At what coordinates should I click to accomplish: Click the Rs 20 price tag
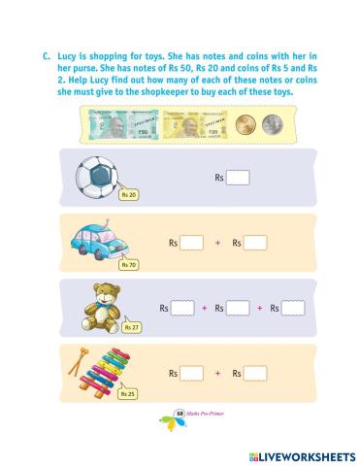pyautogui.click(x=127, y=195)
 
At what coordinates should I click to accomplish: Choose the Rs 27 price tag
pyautogui.click(x=132, y=328)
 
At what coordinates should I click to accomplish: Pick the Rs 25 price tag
pyautogui.click(x=127, y=393)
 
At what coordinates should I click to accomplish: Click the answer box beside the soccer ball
pyautogui.click(x=238, y=178)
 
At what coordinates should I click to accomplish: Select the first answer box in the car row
pyautogui.click(x=192, y=243)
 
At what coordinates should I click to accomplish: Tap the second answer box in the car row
pyautogui.click(x=255, y=243)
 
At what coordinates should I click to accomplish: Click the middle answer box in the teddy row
pyautogui.click(x=237, y=308)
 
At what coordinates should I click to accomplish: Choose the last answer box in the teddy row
pyautogui.click(x=293, y=308)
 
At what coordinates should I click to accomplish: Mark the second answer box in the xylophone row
pyautogui.click(x=255, y=372)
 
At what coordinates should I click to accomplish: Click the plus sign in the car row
pyautogui.click(x=217, y=243)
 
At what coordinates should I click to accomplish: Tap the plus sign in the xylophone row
pyautogui.click(x=217, y=372)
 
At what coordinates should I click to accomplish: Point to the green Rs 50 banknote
pyautogui.click(x=117, y=124)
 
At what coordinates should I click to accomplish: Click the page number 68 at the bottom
pyautogui.click(x=180, y=416)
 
